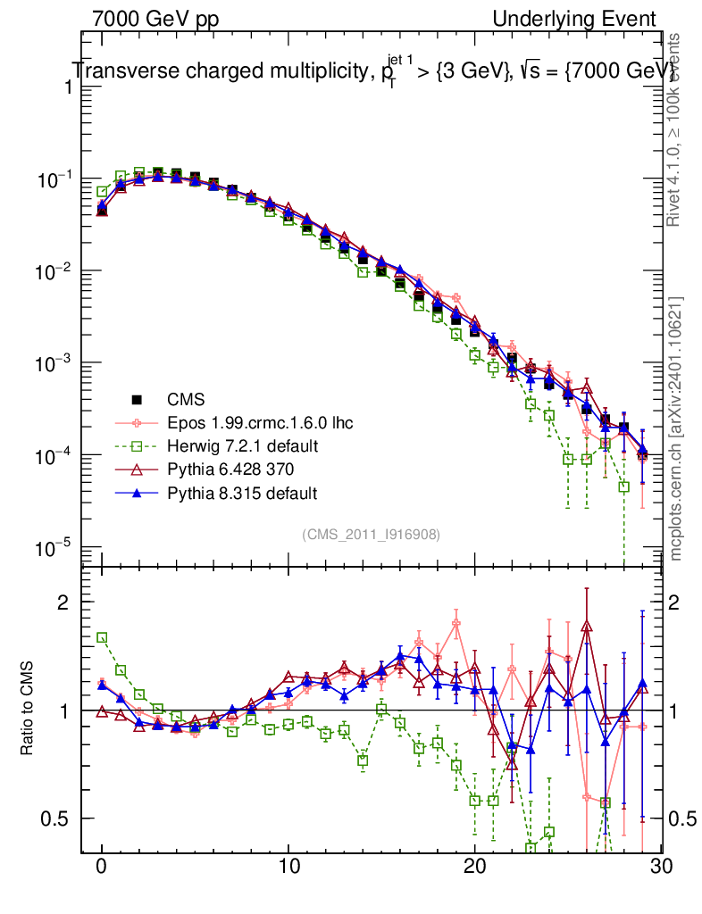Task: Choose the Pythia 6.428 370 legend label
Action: point(230,469)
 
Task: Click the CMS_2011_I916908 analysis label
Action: point(371,534)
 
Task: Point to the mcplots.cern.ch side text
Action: point(677,428)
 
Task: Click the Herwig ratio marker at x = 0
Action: point(103,637)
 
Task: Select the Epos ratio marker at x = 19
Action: point(456,624)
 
